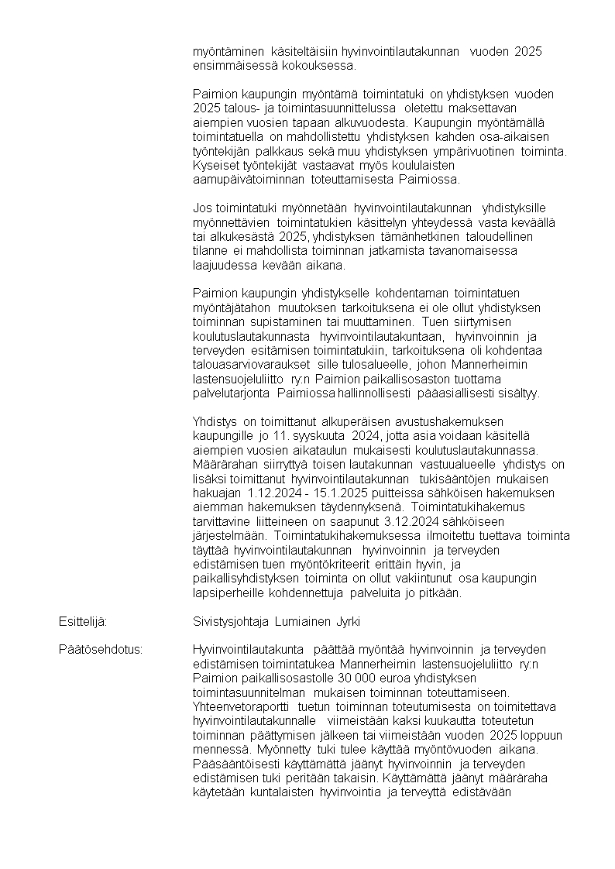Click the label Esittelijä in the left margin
click(x=82, y=621)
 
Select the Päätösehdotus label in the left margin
click(x=101, y=649)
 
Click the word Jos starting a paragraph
click(x=201, y=208)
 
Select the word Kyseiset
click(x=215, y=165)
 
